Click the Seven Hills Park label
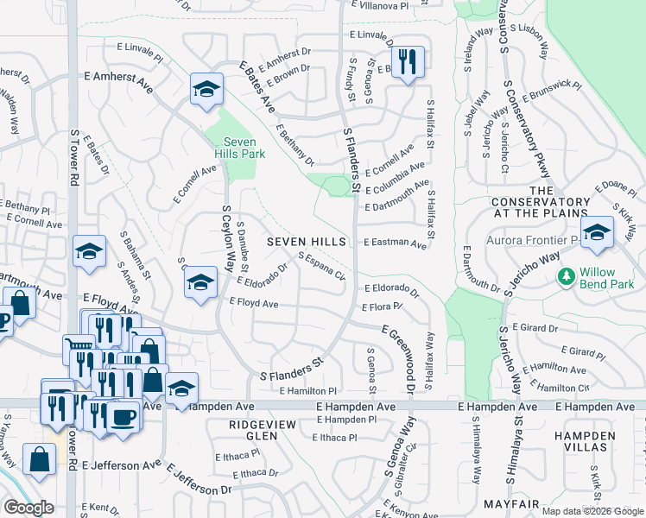(244, 148)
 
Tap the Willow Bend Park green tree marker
(567, 277)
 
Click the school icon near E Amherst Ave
(206, 89)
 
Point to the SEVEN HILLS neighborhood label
(306, 242)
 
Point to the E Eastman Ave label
(396, 243)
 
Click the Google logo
(29, 507)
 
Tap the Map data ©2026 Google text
(592, 511)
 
